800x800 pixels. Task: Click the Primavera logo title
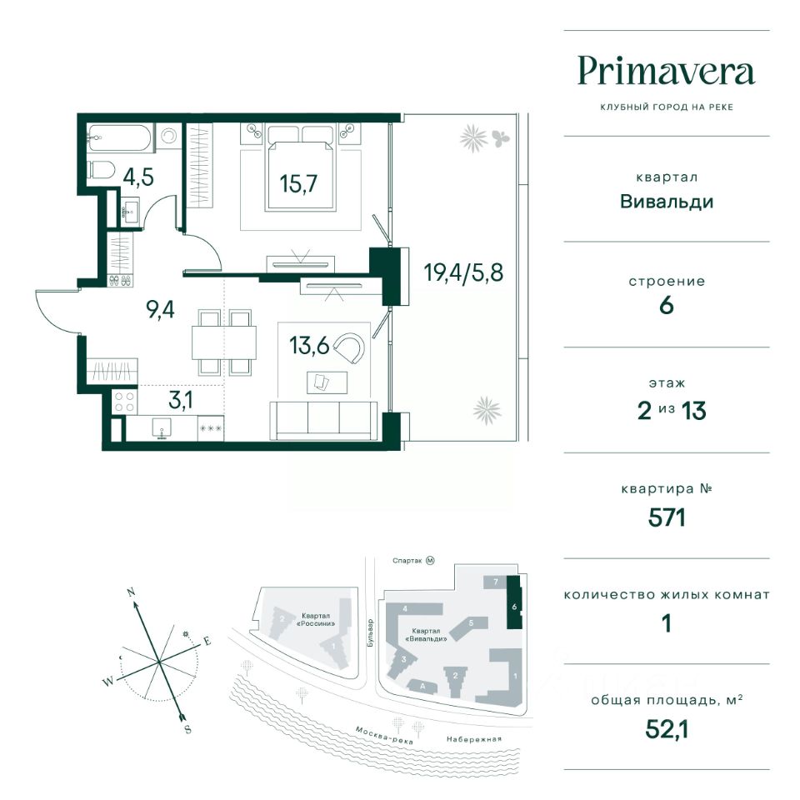click(x=667, y=72)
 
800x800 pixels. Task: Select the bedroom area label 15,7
click(x=298, y=183)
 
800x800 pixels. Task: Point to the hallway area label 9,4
click(x=160, y=309)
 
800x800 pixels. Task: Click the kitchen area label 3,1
click(x=181, y=401)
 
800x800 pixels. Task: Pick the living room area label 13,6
click(x=309, y=345)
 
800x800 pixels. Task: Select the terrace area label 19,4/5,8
click(x=463, y=272)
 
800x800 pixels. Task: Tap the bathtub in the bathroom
click(x=120, y=137)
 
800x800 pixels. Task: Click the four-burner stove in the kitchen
click(x=124, y=402)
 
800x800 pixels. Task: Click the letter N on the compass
click(x=132, y=592)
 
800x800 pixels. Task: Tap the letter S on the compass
click(x=187, y=729)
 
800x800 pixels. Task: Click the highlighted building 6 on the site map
click(x=514, y=602)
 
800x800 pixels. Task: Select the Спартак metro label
click(x=407, y=561)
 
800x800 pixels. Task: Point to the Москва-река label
click(x=383, y=735)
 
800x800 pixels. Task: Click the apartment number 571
click(x=667, y=517)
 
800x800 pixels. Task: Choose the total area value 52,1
click(x=667, y=730)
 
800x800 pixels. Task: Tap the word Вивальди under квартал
click(x=667, y=202)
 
